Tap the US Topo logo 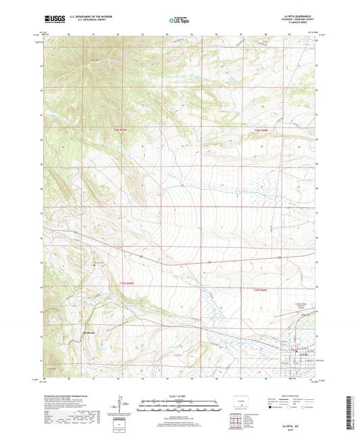pyautogui.click(x=179, y=20)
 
